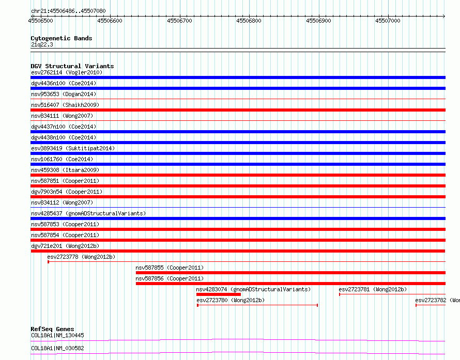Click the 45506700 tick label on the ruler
[x=179, y=21]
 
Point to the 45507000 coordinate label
[x=388, y=21]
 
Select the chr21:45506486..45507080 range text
[x=68, y=11]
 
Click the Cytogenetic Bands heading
[x=62, y=38]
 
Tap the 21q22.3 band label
[x=42, y=44]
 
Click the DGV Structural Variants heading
[x=72, y=66]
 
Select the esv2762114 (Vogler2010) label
[x=67, y=72]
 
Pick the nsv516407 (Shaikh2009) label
[x=65, y=105]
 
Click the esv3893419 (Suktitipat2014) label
[x=73, y=148]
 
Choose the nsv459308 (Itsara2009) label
[x=65, y=170]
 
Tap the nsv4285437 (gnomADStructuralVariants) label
[x=88, y=213]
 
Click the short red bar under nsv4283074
[x=219, y=294]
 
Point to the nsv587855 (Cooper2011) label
[x=170, y=268]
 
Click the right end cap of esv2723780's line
[x=317, y=305]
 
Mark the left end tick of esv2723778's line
[x=49, y=262]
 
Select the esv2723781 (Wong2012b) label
[x=373, y=289]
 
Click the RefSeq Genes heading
[x=53, y=329]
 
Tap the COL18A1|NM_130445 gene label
[x=57, y=335]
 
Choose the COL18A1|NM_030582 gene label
[x=57, y=348]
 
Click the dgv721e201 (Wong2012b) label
[x=65, y=246]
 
